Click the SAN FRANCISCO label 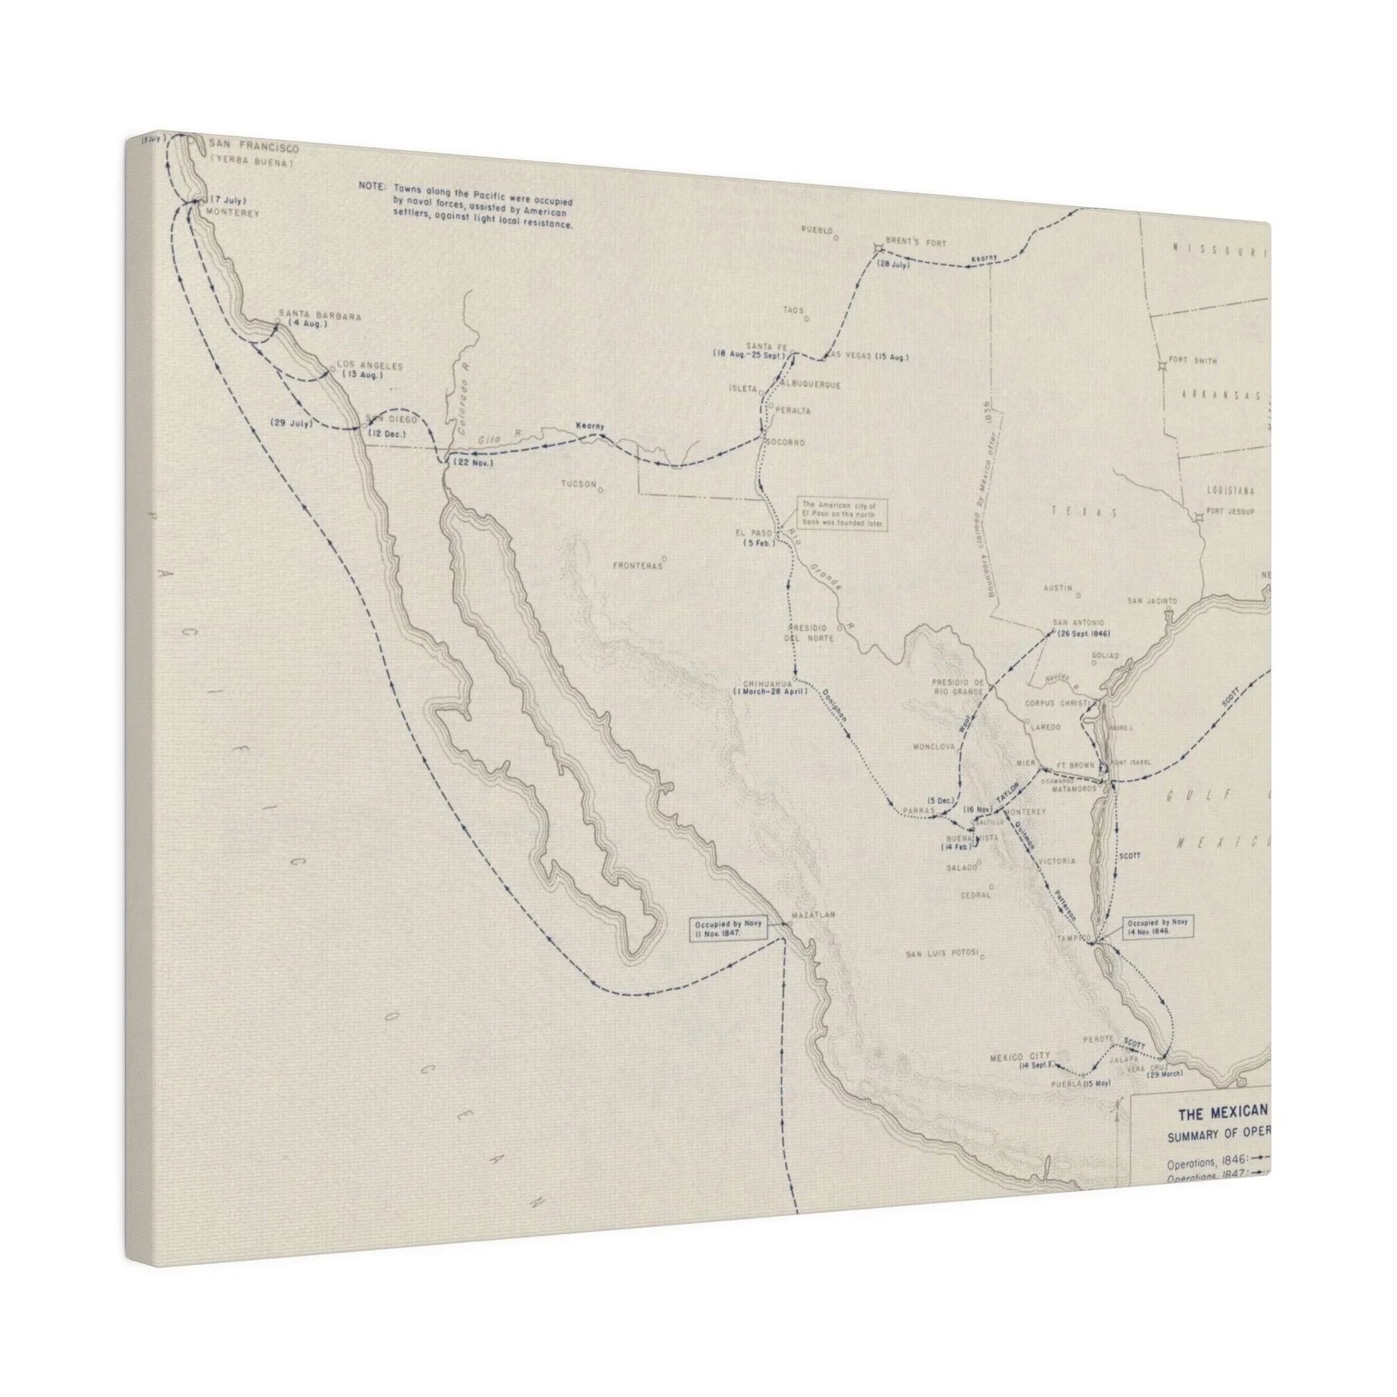pyautogui.click(x=253, y=148)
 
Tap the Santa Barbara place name pyautogui.click(x=319, y=316)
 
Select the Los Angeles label pyautogui.click(x=369, y=366)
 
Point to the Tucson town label pyautogui.click(x=579, y=484)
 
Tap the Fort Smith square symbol pyautogui.click(x=1162, y=367)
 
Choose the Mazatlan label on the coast pyautogui.click(x=813, y=915)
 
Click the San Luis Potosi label pyautogui.click(x=941, y=955)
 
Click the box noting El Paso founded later pyautogui.click(x=842, y=514)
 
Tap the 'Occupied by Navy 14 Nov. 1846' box pyautogui.click(x=1158, y=928)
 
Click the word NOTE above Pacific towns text pyautogui.click(x=372, y=186)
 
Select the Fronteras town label pyautogui.click(x=637, y=566)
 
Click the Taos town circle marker pyautogui.click(x=807, y=317)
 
